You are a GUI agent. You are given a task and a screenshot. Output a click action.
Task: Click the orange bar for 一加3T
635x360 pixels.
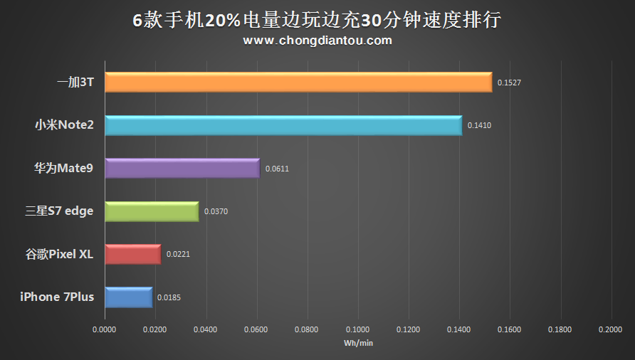[x=298, y=83]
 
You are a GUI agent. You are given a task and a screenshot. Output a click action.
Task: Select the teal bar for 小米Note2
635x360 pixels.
[x=283, y=126]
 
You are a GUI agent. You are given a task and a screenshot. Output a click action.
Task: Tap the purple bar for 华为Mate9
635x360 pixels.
[x=182, y=169]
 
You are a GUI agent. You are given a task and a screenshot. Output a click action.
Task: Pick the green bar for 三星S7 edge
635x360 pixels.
[x=152, y=211]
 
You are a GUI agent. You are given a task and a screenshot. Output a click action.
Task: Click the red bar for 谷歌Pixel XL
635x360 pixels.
[x=132, y=254]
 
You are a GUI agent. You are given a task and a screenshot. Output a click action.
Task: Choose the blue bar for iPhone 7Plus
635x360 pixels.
[x=128, y=297]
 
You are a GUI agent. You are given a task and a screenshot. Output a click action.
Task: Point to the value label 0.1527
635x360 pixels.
[x=509, y=83]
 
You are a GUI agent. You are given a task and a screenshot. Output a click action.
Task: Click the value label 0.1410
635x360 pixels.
[x=479, y=126]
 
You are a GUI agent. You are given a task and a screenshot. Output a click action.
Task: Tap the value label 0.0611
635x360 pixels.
[x=277, y=169]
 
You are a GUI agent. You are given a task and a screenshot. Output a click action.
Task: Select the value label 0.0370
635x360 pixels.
[x=216, y=211]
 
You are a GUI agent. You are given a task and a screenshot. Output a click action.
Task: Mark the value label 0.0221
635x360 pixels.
[x=178, y=254]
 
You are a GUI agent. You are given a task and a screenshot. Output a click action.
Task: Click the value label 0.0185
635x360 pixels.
[x=169, y=297]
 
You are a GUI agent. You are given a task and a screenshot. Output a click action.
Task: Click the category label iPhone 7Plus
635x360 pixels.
[x=57, y=297]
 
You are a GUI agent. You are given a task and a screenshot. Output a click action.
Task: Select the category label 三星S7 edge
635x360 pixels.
[x=59, y=211]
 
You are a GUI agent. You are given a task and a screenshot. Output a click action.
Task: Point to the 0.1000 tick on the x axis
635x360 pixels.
[x=358, y=329]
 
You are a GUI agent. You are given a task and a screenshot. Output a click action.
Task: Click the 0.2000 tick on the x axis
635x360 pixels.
[x=611, y=329]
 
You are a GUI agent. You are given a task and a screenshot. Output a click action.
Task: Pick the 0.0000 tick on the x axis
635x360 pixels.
[x=105, y=329]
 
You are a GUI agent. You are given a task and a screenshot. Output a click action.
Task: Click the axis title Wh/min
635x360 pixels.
[x=358, y=343]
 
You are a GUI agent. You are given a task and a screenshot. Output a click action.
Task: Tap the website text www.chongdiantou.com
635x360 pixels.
[x=317, y=41]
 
